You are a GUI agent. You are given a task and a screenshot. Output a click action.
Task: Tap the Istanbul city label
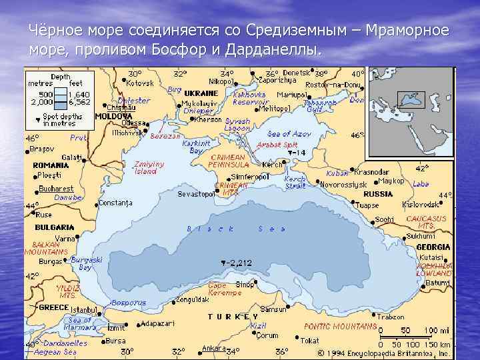[83, 310]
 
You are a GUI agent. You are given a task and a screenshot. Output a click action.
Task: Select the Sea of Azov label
[289, 134]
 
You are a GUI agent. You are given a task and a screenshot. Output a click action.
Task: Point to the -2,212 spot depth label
[239, 263]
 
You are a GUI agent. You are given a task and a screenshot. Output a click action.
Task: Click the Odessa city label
[133, 122]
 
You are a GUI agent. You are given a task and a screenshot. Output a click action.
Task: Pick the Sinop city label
[245, 285]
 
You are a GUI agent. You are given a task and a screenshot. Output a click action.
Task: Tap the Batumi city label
[437, 283]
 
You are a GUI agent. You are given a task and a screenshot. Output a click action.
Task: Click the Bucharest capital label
[56, 189]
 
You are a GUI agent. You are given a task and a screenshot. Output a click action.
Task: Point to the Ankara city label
[213, 347]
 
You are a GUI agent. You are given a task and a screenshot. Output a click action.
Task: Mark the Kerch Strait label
[295, 183]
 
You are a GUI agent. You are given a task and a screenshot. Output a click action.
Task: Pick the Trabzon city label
[390, 317]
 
